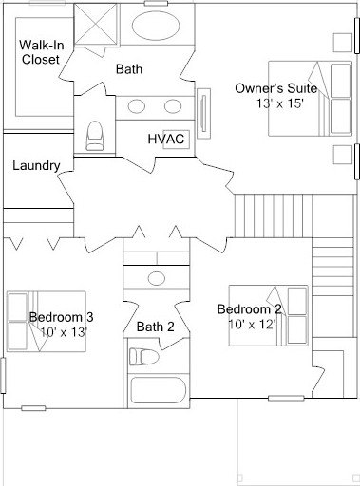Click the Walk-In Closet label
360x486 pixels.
(41, 52)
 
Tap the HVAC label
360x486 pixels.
(166, 139)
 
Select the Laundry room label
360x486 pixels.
(36, 165)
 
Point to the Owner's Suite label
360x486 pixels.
(275, 88)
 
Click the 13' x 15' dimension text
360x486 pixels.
(280, 103)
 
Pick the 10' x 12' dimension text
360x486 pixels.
(251, 324)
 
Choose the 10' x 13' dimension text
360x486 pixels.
(64, 332)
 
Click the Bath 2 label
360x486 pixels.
(155, 327)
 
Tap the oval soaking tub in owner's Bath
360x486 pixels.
(156, 27)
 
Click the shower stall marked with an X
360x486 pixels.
(95, 24)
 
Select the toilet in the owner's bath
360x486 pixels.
(95, 136)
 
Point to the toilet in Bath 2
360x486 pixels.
(144, 357)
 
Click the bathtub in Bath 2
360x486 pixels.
(157, 390)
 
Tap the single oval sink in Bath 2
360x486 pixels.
(157, 278)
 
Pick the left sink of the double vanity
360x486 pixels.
(137, 106)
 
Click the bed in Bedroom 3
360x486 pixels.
(47, 322)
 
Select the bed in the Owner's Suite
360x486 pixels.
(310, 99)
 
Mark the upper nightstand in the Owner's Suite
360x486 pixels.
(343, 43)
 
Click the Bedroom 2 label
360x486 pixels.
(249, 309)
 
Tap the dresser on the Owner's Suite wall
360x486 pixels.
(203, 113)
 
